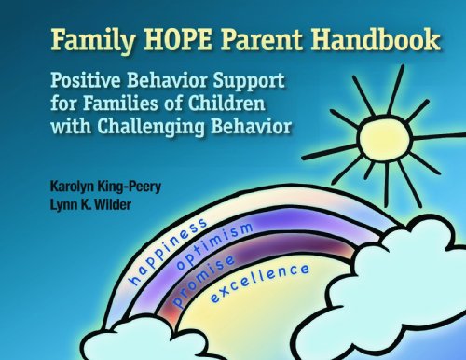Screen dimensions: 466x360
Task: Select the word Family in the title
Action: [x=93, y=41]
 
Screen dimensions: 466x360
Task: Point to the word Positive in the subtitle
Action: [x=86, y=80]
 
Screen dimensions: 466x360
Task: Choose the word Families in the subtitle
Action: [x=120, y=104]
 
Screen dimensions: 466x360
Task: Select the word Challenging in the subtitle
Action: [x=151, y=128]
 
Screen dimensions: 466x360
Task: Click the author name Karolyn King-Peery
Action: [x=105, y=187]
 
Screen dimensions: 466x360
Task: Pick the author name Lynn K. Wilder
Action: [x=90, y=204]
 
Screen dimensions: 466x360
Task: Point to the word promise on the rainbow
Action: [x=202, y=281]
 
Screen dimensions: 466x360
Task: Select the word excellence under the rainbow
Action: [x=260, y=283]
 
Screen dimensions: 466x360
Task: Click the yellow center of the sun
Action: [x=385, y=138]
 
